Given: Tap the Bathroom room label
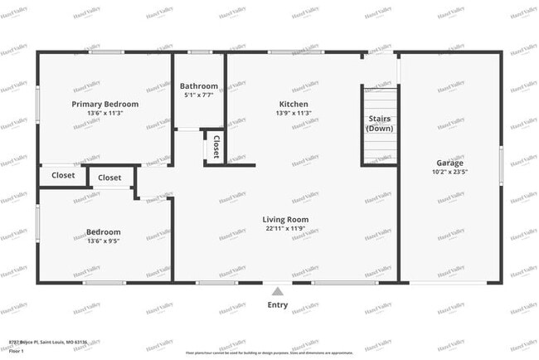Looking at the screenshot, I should click(x=199, y=86).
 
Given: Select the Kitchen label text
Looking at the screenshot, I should click(x=294, y=105).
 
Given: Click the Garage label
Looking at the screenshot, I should click(x=450, y=163).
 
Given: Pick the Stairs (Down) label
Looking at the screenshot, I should click(x=380, y=123).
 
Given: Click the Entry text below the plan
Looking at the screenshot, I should click(x=278, y=305).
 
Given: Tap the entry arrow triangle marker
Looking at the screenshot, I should click(x=278, y=290).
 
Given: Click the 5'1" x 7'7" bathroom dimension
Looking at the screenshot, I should click(x=199, y=95).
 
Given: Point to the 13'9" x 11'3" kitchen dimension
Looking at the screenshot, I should click(x=294, y=114).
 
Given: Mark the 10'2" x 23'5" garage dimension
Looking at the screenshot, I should click(x=450, y=173).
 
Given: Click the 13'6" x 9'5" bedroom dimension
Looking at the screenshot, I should click(x=104, y=241).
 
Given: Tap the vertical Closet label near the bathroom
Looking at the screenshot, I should click(x=216, y=147).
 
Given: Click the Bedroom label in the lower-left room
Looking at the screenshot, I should click(x=104, y=232).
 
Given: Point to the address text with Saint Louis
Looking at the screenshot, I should click(x=48, y=343).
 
